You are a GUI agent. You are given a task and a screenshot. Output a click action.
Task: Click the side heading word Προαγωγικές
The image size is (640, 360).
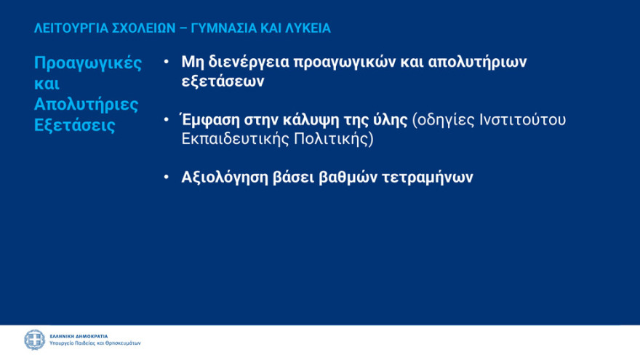88,63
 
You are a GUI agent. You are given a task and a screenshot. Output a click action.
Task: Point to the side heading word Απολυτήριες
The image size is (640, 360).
86,104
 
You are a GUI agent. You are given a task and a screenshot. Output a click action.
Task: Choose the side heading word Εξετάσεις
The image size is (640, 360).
74,124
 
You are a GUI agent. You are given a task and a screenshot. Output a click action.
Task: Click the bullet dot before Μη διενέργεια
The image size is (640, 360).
167,63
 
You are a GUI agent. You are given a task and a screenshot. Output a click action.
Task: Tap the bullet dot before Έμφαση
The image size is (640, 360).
167,120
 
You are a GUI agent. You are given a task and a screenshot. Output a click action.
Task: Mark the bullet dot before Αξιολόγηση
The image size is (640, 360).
167,177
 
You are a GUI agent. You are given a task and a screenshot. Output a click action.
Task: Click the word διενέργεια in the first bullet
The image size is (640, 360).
247,62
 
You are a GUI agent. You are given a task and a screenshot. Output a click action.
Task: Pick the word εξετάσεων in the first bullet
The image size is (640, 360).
223,81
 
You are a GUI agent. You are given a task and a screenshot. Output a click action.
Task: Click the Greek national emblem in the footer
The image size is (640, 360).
34,340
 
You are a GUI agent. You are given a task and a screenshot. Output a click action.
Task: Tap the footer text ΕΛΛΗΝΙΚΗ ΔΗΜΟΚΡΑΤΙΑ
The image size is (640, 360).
79,336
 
